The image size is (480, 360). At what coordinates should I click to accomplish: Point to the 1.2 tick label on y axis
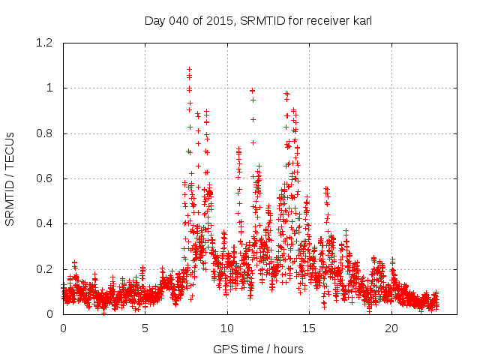(x=46, y=43)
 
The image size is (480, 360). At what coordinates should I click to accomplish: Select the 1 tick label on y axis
(x=52, y=88)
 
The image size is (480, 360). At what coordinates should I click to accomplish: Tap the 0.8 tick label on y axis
(x=46, y=133)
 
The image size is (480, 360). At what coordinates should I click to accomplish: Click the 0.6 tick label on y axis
(x=46, y=178)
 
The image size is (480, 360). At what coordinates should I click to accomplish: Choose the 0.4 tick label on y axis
(x=46, y=223)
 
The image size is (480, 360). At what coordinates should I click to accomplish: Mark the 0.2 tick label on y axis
(x=46, y=268)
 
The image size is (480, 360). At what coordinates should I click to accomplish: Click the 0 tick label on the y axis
(x=52, y=313)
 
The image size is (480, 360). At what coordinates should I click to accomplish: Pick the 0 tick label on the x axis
(x=63, y=328)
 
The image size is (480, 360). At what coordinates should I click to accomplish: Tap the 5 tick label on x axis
(x=145, y=328)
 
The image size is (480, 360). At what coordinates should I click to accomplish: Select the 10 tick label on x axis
(x=227, y=328)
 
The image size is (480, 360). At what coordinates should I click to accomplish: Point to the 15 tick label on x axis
(x=309, y=328)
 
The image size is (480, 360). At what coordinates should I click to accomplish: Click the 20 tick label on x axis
(x=391, y=328)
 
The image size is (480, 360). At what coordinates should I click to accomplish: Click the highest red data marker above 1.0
(x=189, y=70)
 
